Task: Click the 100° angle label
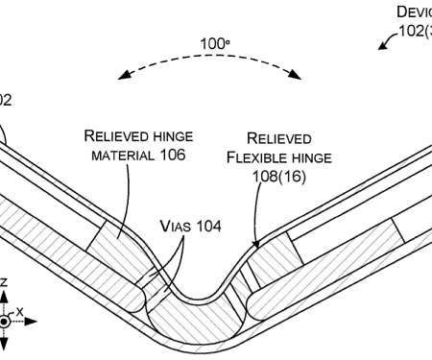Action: (212, 44)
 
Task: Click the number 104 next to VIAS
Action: (207, 227)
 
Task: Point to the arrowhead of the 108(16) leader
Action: (254, 248)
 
